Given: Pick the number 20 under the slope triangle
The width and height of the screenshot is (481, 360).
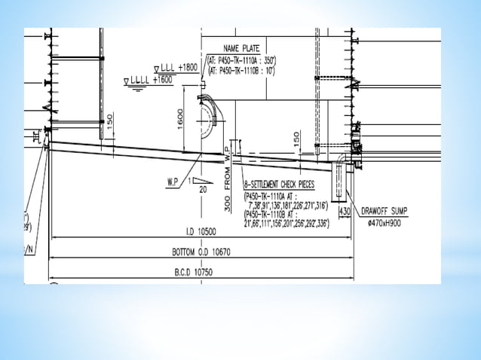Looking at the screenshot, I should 202,190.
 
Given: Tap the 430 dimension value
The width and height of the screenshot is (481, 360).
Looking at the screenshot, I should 345,212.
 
